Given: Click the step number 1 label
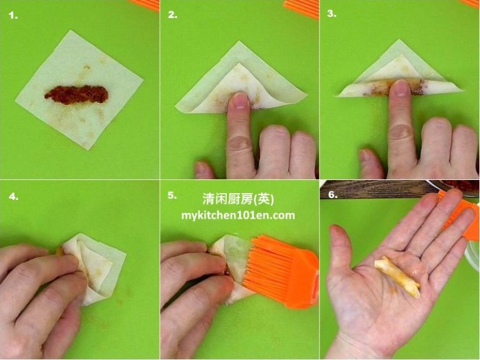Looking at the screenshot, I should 13,16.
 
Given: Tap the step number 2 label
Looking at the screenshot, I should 172,16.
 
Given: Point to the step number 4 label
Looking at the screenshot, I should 13,196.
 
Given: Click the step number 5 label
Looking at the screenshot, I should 172,195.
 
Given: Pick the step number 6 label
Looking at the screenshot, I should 332,194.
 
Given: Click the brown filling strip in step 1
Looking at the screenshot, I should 76,94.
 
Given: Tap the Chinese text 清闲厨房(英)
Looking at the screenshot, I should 238,199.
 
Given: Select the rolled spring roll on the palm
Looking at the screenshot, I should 396,275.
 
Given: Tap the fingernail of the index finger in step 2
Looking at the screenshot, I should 237,100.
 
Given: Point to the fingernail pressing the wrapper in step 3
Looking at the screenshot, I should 400,88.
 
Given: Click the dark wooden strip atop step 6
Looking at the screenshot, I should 375,188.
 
